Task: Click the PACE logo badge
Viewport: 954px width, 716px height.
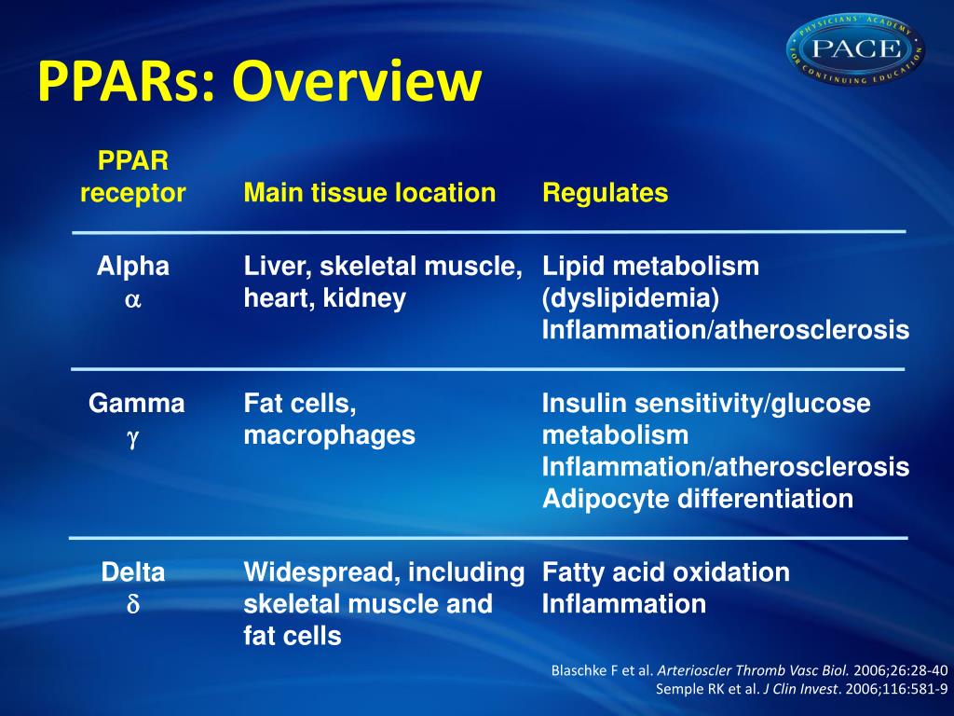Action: tap(855, 48)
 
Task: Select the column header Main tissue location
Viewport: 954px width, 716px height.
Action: tap(369, 193)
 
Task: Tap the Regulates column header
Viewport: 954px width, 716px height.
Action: tap(605, 193)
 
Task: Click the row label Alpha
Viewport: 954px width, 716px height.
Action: tap(133, 267)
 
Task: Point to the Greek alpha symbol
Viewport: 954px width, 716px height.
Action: tap(132, 299)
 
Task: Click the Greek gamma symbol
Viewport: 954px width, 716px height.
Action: tap(132, 437)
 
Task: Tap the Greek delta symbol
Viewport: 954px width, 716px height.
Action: tap(132, 605)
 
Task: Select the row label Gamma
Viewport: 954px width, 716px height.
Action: tap(136, 404)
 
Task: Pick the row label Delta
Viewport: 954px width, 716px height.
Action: tap(133, 572)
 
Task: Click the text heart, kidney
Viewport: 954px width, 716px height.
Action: tap(324, 299)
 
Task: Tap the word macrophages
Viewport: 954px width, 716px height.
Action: tap(329, 435)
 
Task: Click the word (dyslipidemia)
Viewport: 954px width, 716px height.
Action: tap(631, 299)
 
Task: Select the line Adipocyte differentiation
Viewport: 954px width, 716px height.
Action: tap(698, 499)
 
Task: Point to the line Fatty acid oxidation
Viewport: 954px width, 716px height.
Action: tap(666, 572)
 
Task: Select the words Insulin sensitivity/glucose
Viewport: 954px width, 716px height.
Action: tap(706, 404)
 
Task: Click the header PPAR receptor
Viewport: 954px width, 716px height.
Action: tap(133, 177)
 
